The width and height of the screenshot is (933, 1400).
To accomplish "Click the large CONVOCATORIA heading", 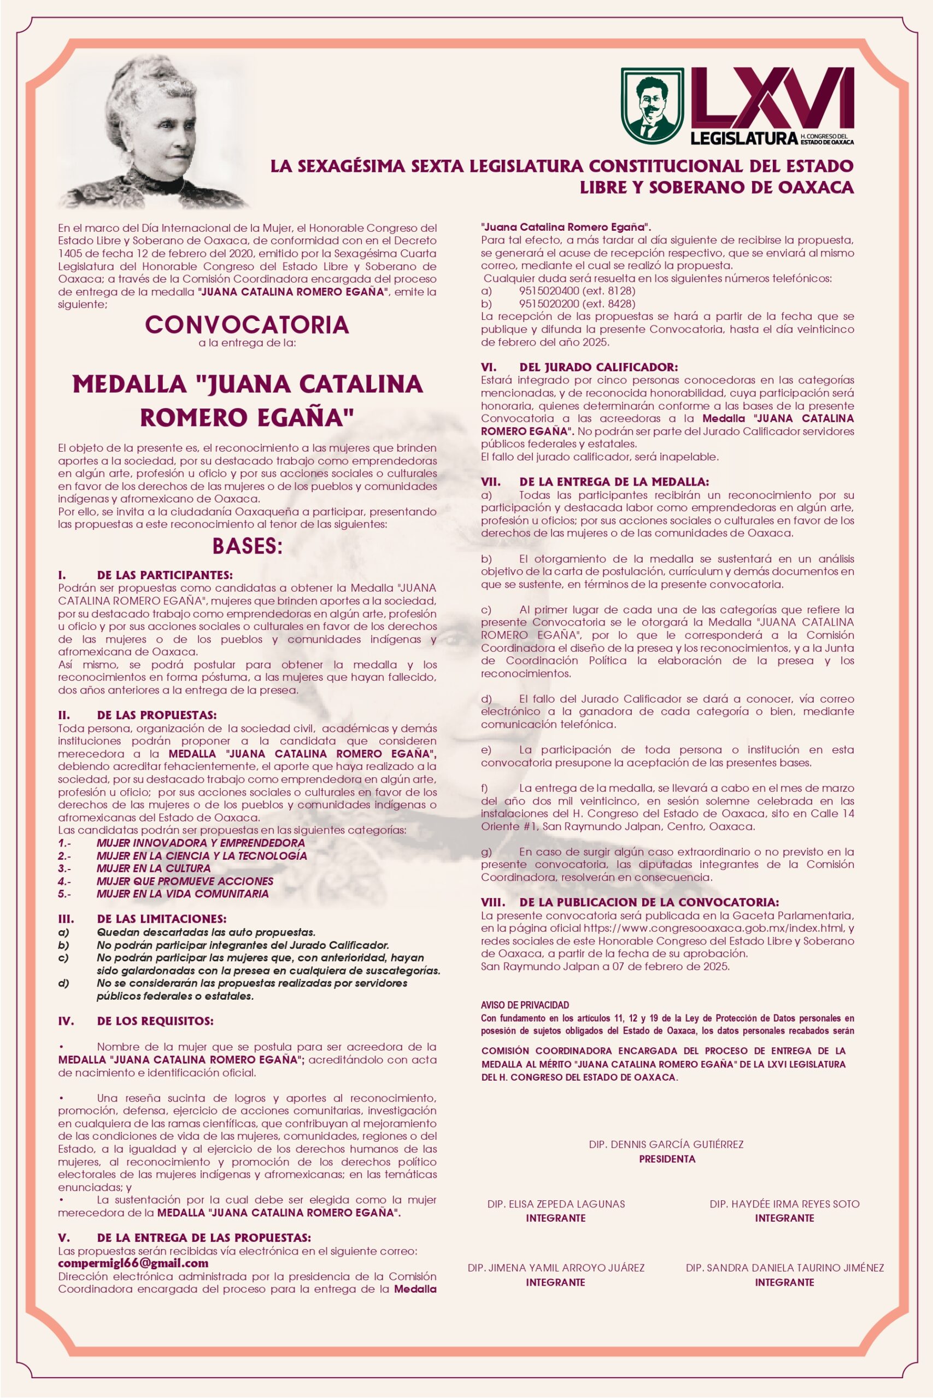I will tap(247, 324).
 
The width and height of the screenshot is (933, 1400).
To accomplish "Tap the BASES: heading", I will tap(247, 546).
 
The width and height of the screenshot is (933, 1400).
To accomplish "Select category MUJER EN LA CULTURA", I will tap(154, 868).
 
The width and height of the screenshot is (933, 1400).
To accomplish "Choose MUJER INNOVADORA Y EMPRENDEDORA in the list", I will tap(201, 843).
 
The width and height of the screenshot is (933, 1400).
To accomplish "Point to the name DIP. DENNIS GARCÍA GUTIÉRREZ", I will tap(666, 1144).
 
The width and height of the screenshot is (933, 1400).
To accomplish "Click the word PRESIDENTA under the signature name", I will tap(667, 1159).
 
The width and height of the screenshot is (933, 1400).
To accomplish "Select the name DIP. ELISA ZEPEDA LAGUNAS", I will tap(556, 1204).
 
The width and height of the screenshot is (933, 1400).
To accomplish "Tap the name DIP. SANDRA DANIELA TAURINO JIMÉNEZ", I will tap(784, 1268).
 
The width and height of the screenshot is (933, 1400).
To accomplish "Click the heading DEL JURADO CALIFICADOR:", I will tap(598, 367).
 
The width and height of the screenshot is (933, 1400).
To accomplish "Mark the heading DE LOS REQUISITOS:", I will tap(155, 1022).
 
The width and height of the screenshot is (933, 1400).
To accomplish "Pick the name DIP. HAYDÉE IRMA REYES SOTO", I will tap(784, 1204).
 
